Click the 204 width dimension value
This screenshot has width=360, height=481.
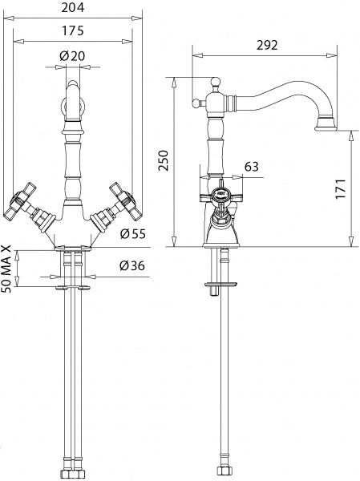tap(73, 9)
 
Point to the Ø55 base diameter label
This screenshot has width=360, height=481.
tap(133, 234)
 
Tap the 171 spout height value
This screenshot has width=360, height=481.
tap(342, 189)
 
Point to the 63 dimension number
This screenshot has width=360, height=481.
tap(251, 167)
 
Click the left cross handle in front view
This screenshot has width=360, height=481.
tap(18, 203)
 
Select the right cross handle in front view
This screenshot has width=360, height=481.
tap(127, 203)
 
